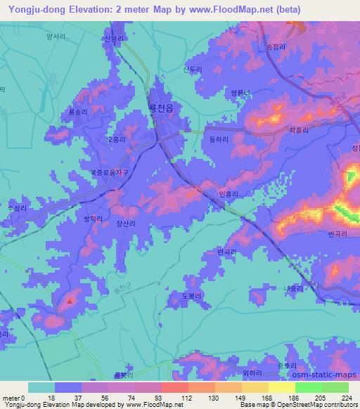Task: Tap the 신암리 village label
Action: (x=113, y=39)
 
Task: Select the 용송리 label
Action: (x=77, y=112)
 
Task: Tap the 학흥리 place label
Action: (x=299, y=129)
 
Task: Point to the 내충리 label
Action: (x=293, y=288)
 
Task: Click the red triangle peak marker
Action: (x=70, y=301)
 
